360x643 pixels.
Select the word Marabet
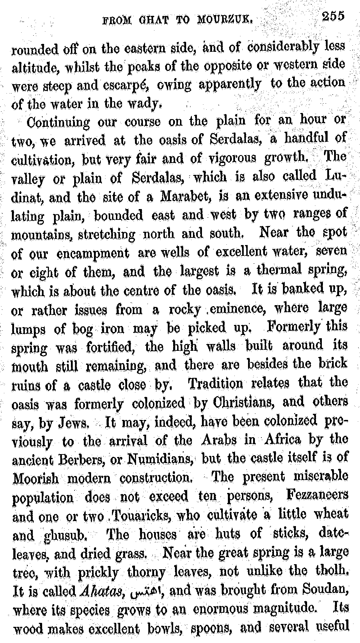[184, 196]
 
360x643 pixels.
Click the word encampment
[92, 253]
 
